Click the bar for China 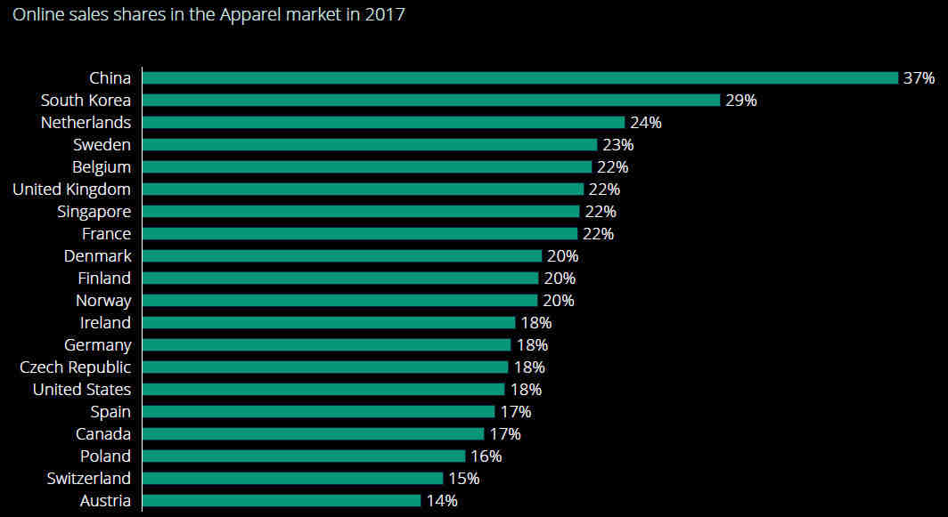tap(520, 78)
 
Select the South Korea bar tap(431, 101)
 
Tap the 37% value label tap(919, 78)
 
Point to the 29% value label tap(740, 101)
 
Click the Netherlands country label tap(86, 123)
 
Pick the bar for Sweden tap(370, 145)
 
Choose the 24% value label tap(645, 123)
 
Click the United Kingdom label tap(71, 190)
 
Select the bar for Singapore tap(361, 212)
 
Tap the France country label tap(106, 234)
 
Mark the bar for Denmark tap(342, 256)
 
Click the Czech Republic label tap(75, 368)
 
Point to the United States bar tap(323, 390)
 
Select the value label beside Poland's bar tap(486, 456)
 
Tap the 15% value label tap(463, 479)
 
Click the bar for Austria tap(282, 501)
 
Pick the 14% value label tap(441, 501)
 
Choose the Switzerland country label tap(88, 479)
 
